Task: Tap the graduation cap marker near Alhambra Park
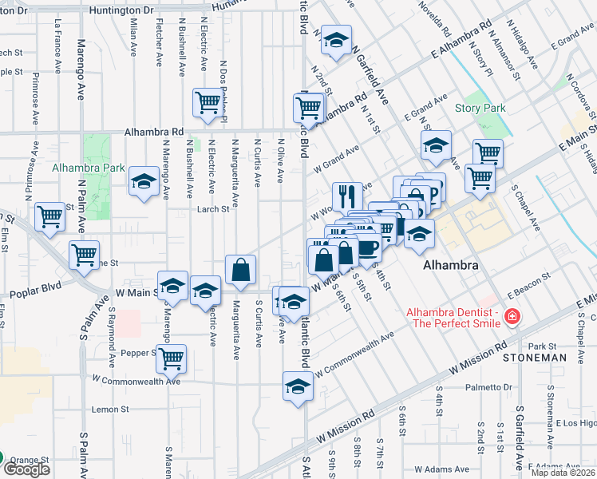point(144,182)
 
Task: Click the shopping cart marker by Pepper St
point(171,359)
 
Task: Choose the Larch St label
point(214,210)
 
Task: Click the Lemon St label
point(110,410)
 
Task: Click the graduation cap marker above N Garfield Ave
point(337,41)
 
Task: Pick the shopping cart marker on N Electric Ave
point(207,102)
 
